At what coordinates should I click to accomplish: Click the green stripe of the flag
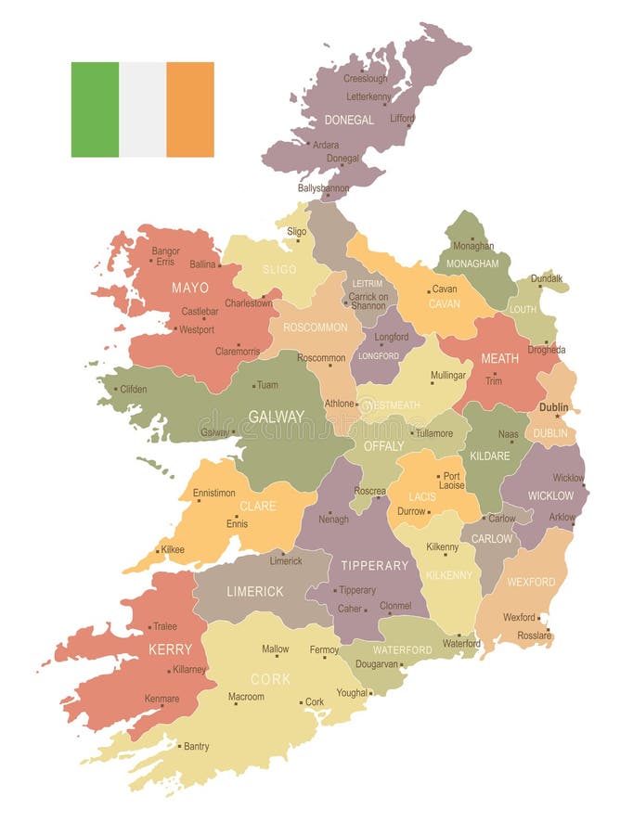click(x=95, y=109)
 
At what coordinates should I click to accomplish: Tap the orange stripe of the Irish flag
click(x=190, y=109)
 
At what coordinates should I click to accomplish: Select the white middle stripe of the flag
click(x=142, y=109)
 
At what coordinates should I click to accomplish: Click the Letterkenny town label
click(x=370, y=96)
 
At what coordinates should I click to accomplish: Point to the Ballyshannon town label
click(x=323, y=187)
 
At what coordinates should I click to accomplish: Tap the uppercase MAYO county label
click(x=189, y=288)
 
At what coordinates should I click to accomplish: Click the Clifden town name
click(x=133, y=389)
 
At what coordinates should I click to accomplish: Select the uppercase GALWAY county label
click(x=276, y=417)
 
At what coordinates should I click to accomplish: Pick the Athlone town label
click(x=339, y=404)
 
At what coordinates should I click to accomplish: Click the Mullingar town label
click(x=448, y=376)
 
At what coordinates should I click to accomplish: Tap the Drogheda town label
click(x=547, y=350)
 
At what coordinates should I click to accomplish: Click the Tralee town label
click(x=164, y=626)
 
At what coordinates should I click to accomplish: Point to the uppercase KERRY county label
click(x=170, y=649)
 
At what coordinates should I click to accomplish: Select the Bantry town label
click(x=196, y=746)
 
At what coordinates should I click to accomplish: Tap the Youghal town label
click(x=352, y=692)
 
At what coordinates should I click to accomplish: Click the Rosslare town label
click(x=535, y=635)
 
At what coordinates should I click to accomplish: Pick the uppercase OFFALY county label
click(x=383, y=445)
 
